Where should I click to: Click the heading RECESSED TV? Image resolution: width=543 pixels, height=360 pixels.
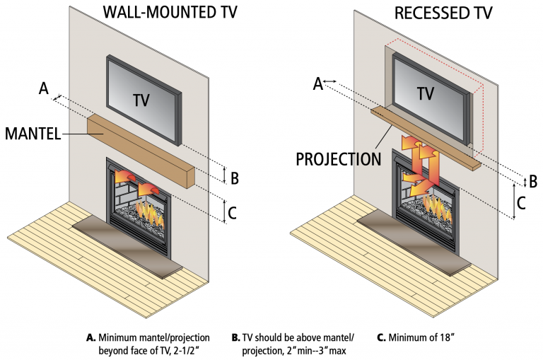click(x=433, y=13)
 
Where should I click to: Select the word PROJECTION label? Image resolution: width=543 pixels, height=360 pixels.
click(x=338, y=158)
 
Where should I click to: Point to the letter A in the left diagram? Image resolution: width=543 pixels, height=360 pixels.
click(x=44, y=89)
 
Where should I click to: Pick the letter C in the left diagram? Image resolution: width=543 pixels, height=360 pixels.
click(x=236, y=210)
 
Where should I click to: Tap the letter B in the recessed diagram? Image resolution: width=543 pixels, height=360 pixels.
click(x=533, y=180)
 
